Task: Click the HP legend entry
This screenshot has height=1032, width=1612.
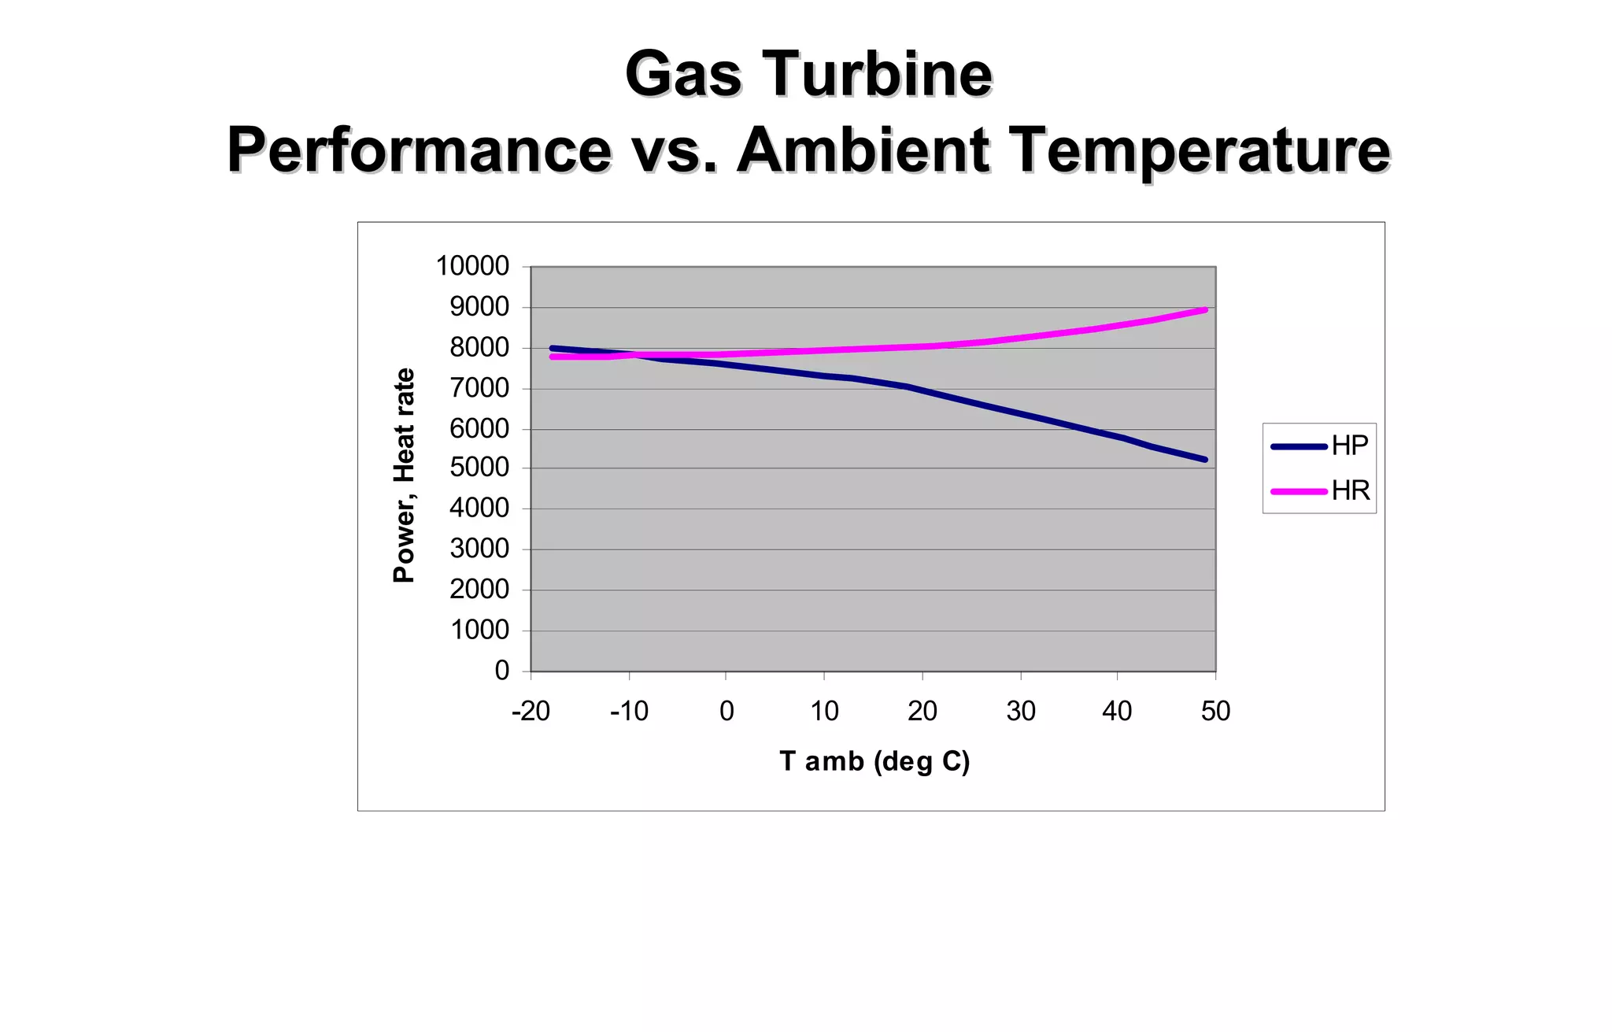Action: pos(1349,446)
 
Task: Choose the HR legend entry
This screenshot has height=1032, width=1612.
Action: pos(1350,490)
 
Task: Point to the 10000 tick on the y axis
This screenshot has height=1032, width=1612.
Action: pos(472,266)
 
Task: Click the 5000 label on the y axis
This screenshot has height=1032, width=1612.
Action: pos(479,468)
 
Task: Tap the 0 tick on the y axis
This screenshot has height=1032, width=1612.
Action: pos(501,671)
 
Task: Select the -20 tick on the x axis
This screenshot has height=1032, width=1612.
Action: pos(531,711)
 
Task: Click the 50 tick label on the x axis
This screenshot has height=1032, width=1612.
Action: pos(1215,711)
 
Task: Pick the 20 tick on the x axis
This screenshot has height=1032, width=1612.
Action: pos(922,711)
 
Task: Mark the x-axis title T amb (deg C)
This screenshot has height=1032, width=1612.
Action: pos(874,761)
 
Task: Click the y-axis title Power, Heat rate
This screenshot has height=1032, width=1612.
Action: pos(404,475)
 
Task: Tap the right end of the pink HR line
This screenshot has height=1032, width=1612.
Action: pos(1205,310)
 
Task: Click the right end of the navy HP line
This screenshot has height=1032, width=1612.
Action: pos(1205,460)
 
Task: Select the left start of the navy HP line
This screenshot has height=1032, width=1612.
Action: pos(552,348)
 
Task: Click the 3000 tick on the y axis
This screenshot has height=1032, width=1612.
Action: pos(479,549)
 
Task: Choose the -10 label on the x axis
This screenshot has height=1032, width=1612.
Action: pos(629,711)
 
